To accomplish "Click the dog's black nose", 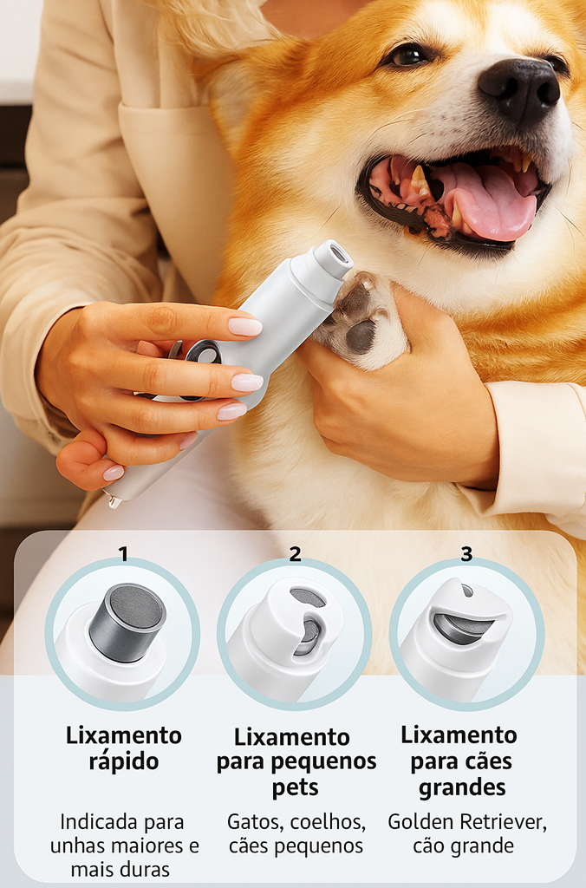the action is pyautogui.click(x=519, y=88).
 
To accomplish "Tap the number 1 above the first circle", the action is pyautogui.click(x=123, y=554).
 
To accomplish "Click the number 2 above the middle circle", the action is pyautogui.click(x=295, y=554).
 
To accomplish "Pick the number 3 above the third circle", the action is pyautogui.click(x=466, y=554).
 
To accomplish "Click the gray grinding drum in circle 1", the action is pyautogui.click(x=128, y=622).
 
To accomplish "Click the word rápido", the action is pyautogui.click(x=123, y=761).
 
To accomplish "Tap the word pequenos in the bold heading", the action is pyautogui.click(x=330, y=762).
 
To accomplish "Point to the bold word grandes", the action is pyautogui.click(x=462, y=787).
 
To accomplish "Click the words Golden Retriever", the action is pyautogui.click(x=467, y=822).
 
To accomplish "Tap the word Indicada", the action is pyautogui.click(x=92, y=822).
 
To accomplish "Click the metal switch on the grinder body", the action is pyautogui.click(x=202, y=354).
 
